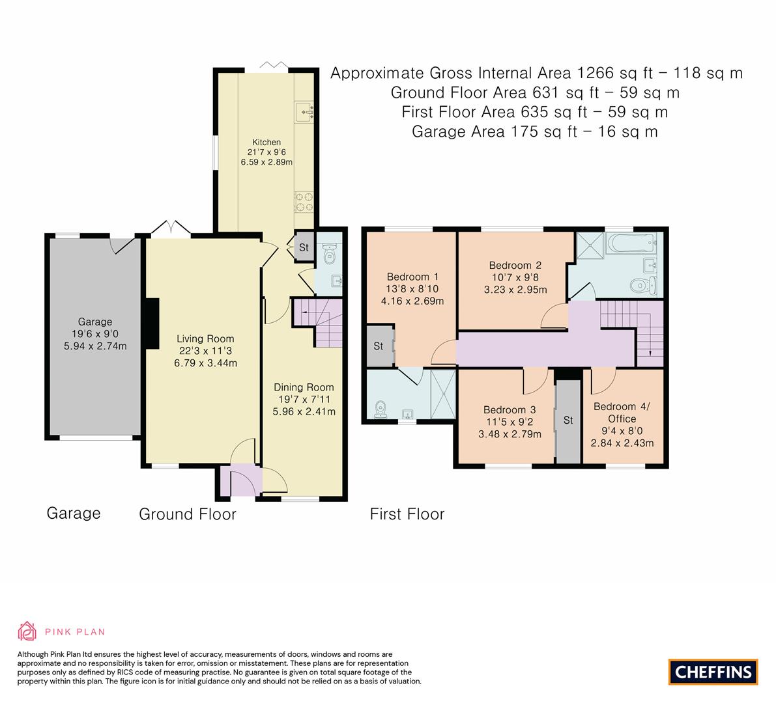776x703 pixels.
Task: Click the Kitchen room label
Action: pyautogui.click(x=266, y=142)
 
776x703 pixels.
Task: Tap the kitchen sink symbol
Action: pyautogui.click(x=305, y=112)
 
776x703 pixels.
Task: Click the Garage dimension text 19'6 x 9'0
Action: pyautogui.click(x=95, y=334)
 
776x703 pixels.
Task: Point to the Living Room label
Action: pyautogui.click(x=205, y=338)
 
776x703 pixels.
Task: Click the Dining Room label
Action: pyautogui.click(x=304, y=387)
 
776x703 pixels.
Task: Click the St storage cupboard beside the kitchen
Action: pyautogui.click(x=304, y=247)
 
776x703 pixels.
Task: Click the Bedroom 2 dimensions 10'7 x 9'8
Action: pyautogui.click(x=515, y=277)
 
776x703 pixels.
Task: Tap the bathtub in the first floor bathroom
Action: pyautogui.click(x=629, y=245)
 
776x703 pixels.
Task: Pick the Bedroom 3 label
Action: pyautogui.click(x=509, y=410)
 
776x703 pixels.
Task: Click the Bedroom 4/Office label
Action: pyautogui.click(x=622, y=413)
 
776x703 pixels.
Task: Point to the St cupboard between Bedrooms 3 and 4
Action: pyautogui.click(x=568, y=420)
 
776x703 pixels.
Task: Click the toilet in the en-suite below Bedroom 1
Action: pyautogui.click(x=381, y=408)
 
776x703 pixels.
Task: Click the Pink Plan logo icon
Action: pyautogui.click(x=28, y=631)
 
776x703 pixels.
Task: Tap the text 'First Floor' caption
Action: pyautogui.click(x=407, y=514)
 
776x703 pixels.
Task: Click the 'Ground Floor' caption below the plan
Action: pyautogui.click(x=188, y=514)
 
